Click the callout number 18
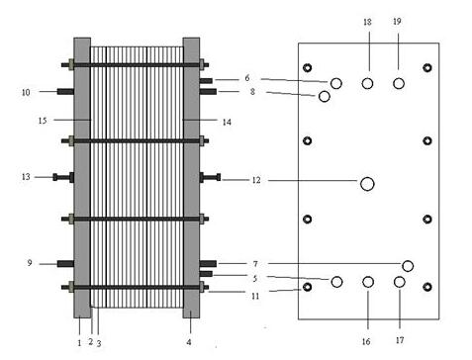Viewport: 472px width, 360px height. tap(367, 22)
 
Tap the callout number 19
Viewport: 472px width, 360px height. tap(397, 22)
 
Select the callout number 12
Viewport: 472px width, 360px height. tap(256, 180)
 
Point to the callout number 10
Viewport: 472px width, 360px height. tap(26, 92)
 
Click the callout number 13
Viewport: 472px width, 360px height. tap(26, 177)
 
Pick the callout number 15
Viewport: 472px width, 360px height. tap(43, 121)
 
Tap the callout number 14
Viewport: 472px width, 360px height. tap(227, 123)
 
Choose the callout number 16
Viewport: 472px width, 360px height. tap(366, 341)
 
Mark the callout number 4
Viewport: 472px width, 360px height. tap(189, 342)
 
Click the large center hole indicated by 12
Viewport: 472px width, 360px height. tap(367, 184)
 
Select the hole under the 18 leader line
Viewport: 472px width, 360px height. tap(367, 84)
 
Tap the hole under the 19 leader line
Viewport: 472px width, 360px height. tap(399, 84)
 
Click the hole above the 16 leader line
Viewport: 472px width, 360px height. tap(368, 282)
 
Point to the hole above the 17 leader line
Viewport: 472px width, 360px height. tap(400, 282)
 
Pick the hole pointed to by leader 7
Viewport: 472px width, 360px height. tap(408, 266)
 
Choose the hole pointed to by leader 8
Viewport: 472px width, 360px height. tap(325, 97)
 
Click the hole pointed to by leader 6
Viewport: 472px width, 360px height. tap(336, 84)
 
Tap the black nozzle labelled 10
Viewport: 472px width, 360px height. tap(65, 91)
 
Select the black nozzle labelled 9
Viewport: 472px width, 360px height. tap(65, 264)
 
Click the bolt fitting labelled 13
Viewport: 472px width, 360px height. tap(63, 177)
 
